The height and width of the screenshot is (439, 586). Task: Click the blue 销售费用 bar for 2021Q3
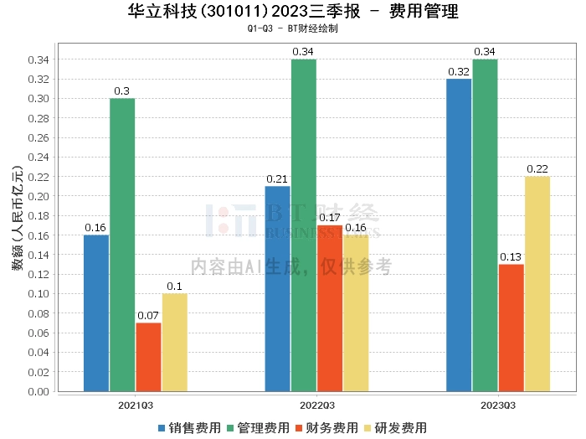96,312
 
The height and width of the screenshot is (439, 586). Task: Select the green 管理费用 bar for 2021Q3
122,245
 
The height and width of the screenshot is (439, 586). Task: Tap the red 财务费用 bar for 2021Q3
148,357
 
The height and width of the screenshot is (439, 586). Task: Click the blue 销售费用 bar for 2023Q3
459,235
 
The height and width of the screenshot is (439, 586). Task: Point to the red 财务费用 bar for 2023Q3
511,328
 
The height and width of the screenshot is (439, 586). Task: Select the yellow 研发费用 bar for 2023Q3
537,283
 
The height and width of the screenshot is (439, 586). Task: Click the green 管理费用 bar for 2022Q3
304,225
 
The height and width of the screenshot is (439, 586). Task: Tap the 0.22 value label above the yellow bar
537,169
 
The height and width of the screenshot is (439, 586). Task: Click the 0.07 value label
148,315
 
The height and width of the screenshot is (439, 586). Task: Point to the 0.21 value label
277,178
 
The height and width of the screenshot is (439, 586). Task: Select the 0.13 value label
511,256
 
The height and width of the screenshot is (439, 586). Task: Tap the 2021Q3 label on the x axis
135,404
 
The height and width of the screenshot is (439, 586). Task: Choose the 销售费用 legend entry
189,427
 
